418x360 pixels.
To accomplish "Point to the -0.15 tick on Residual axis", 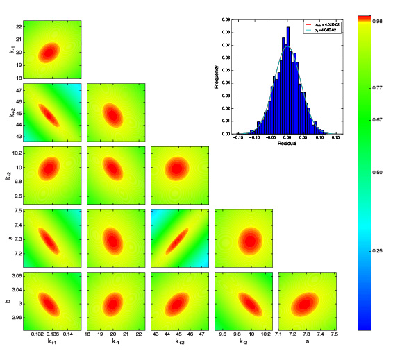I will pyautogui.click(x=238, y=138).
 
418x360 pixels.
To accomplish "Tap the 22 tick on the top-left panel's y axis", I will pyautogui.click(x=17, y=26).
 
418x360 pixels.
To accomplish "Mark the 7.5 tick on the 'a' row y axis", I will pyautogui.click(x=17, y=210).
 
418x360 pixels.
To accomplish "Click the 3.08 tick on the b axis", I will pyautogui.click(x=15, y=276).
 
